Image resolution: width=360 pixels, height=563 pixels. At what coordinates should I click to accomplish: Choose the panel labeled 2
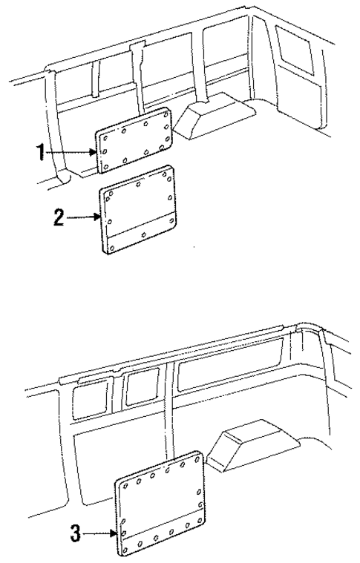click(140, 209)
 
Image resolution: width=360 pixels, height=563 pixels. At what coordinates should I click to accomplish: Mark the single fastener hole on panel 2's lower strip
click(143, 235)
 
